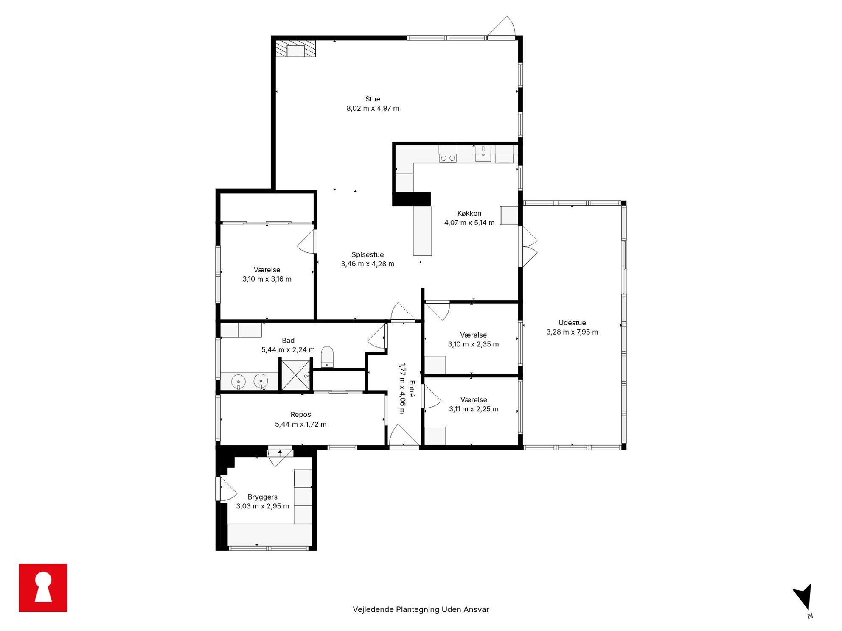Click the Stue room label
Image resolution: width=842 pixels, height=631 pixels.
pyautogui.click(x=373, y=99)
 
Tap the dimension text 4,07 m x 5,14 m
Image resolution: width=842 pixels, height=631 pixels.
pyautogui.click(x=469, y=223)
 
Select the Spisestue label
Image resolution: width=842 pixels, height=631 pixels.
pyautogui.click(x=368, y=255)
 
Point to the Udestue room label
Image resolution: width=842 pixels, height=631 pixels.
pyautogui.click(x=572, y=323)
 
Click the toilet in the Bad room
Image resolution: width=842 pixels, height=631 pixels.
pyautogui.click(x=327, y=357)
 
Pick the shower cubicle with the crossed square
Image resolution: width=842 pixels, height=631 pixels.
pyautogui.click(x=296, y=375)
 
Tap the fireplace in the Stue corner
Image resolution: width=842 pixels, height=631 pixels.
pyautogui.click(x=296, y=49)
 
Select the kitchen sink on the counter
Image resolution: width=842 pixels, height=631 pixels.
pyautogui.click(x=483, y=154)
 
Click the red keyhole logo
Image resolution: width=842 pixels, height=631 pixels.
pyautogui.click(x=43, y=588)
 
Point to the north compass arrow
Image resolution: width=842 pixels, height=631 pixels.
pyautogui.click(x=803, y=596)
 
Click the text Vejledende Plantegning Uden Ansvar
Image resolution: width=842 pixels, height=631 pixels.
pyautogui.click(x=421, y=610)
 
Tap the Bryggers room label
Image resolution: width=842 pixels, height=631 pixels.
pyautogui.click(x=263, y=497)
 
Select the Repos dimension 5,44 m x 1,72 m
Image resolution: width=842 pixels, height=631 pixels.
pyautogui.click(x=301, y=424)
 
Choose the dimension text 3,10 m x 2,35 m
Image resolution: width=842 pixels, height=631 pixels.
pyautogui.click(x=474, y=345)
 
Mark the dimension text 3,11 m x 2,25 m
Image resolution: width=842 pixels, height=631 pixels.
pyautogui.click(x=474, y=409)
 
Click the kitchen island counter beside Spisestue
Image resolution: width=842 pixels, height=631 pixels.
pyautogui.click(x=423, y=231)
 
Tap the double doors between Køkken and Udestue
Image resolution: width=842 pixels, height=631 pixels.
pyautogui.click(x=529, y=247)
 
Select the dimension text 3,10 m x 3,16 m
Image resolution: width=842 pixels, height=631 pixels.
pyautogui.click(x=267, y=279)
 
